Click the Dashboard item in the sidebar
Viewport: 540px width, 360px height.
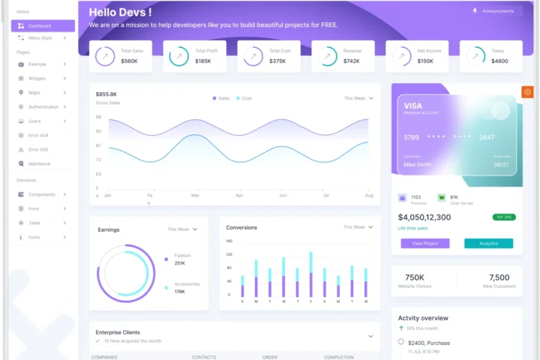coord(40,26)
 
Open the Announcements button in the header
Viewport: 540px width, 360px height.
coord(497,11)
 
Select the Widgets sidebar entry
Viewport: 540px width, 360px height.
coord(37,78)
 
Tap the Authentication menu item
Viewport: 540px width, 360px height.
coord(43,106)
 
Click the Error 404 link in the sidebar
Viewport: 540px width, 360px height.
coord(38,135)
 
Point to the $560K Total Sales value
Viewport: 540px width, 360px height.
coord(129,61)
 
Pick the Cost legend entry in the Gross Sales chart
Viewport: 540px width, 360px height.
coord(246,98)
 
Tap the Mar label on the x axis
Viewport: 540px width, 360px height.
coord(195,195)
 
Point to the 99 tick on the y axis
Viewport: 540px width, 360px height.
coord(98,117)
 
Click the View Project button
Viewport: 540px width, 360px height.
coord(424,243)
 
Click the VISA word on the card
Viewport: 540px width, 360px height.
coord(412,106)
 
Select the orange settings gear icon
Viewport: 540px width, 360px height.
coord(527,92)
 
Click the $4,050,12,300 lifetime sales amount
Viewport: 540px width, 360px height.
coord(424,217)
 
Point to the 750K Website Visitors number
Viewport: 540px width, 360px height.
coord(415,277)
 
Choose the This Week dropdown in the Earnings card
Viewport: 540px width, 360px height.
coord(182,229)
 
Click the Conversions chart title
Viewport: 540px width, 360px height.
coord(241,227)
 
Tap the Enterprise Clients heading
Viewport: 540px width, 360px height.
coord(118,332)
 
